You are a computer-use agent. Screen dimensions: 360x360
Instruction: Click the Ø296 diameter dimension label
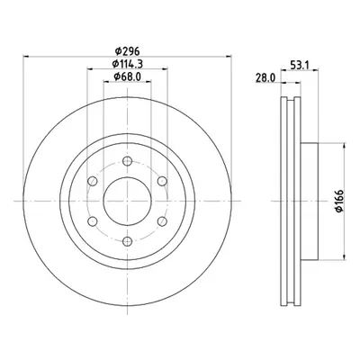(128, 51)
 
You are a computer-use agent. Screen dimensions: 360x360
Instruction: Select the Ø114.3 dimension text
(127, 64)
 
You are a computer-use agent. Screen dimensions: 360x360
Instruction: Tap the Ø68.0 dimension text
(127, 76)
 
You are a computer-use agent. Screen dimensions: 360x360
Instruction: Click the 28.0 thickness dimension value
(265, 78)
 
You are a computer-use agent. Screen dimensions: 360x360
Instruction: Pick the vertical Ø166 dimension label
(339, 201)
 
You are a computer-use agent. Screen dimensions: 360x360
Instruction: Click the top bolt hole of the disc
(128, 161)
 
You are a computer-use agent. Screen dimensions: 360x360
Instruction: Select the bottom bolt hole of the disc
(128, 241)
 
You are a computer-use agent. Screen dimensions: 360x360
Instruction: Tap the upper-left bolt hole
(93, 181)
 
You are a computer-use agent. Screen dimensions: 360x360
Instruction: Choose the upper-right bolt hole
(162, 181)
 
